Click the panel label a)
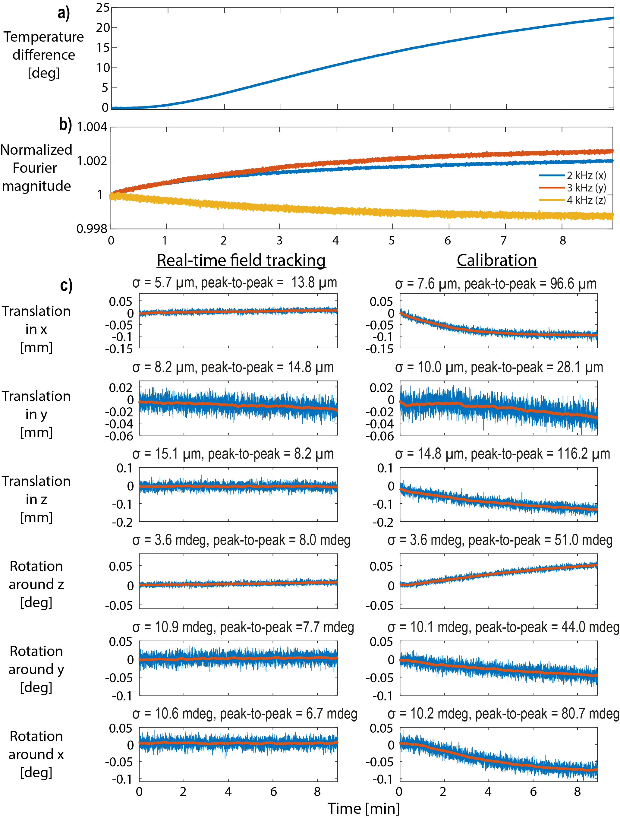64,13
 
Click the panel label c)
66,286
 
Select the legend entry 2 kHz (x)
586,175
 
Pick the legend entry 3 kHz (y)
586,188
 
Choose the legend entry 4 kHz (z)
586,200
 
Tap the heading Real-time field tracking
241,260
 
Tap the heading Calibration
496,260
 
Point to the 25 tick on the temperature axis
102,8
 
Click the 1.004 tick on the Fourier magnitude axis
92,127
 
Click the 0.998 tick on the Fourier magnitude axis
92,229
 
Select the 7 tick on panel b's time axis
504,241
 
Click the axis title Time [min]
364,808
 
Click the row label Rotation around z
36,584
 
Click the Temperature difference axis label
44,55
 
